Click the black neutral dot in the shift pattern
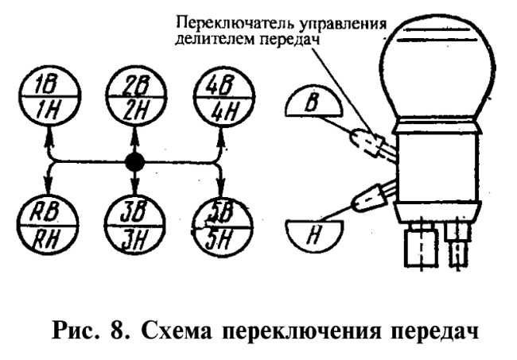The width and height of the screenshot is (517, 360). pos(134,165)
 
